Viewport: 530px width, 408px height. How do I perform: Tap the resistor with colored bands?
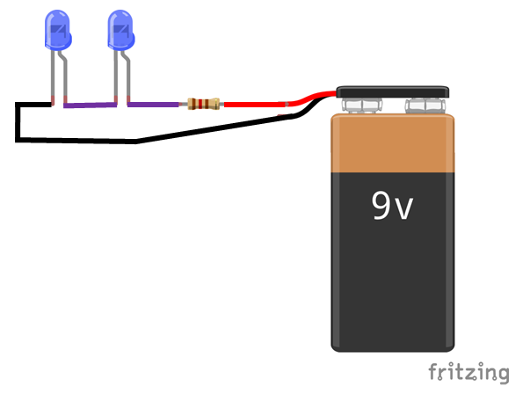click(x=201, y=105)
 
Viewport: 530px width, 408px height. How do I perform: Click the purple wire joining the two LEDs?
click(x=91, y=106)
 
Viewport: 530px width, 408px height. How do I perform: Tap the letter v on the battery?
click(x=403, y=209)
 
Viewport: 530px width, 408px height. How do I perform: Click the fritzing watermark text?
click(x=468, y=372)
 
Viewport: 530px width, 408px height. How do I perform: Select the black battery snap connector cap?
click(x=393, y=91)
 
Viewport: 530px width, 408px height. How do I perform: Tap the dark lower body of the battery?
click(x=394, y=281)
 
